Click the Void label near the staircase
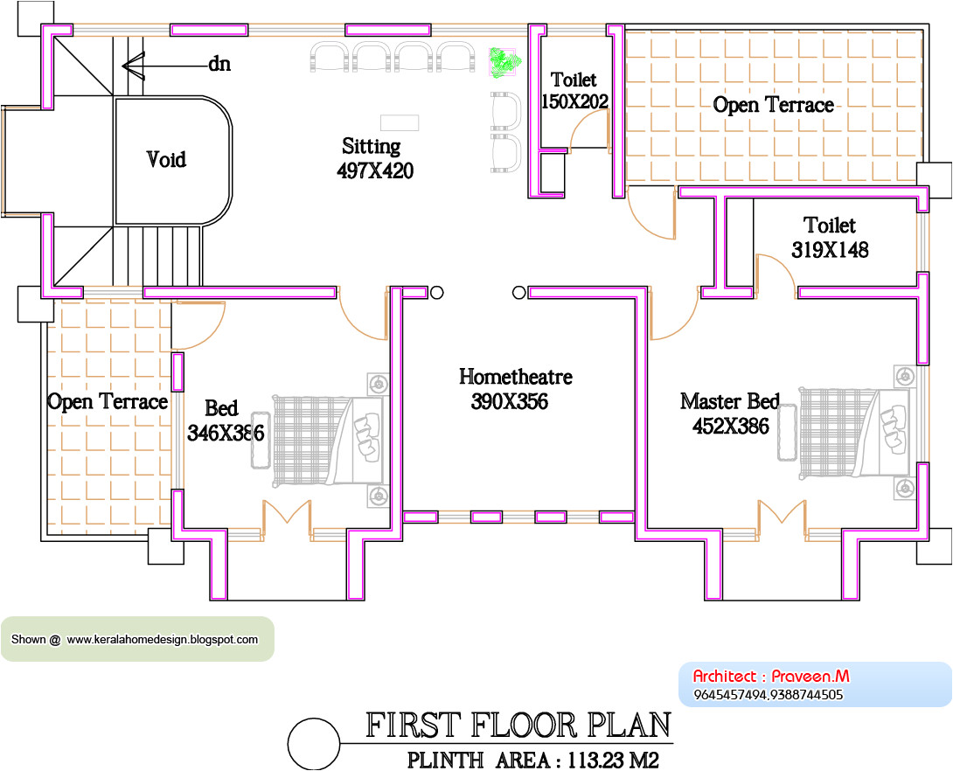[166, 160]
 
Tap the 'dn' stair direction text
[219, 64]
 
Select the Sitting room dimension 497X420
[375, 171]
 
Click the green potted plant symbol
[504, 61]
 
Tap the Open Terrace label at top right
[773, 105]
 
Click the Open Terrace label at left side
[107, 402]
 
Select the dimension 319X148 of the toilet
[830, 250]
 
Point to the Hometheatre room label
[516, 377]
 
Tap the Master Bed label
[729, 402]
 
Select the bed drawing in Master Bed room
[852, 434]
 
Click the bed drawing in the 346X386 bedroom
[330, 440]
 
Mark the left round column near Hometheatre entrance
[437, 293]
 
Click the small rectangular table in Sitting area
[400, 122]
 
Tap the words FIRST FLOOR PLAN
[518, 726]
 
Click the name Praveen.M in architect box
[810, 676]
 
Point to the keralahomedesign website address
[163, 639]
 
